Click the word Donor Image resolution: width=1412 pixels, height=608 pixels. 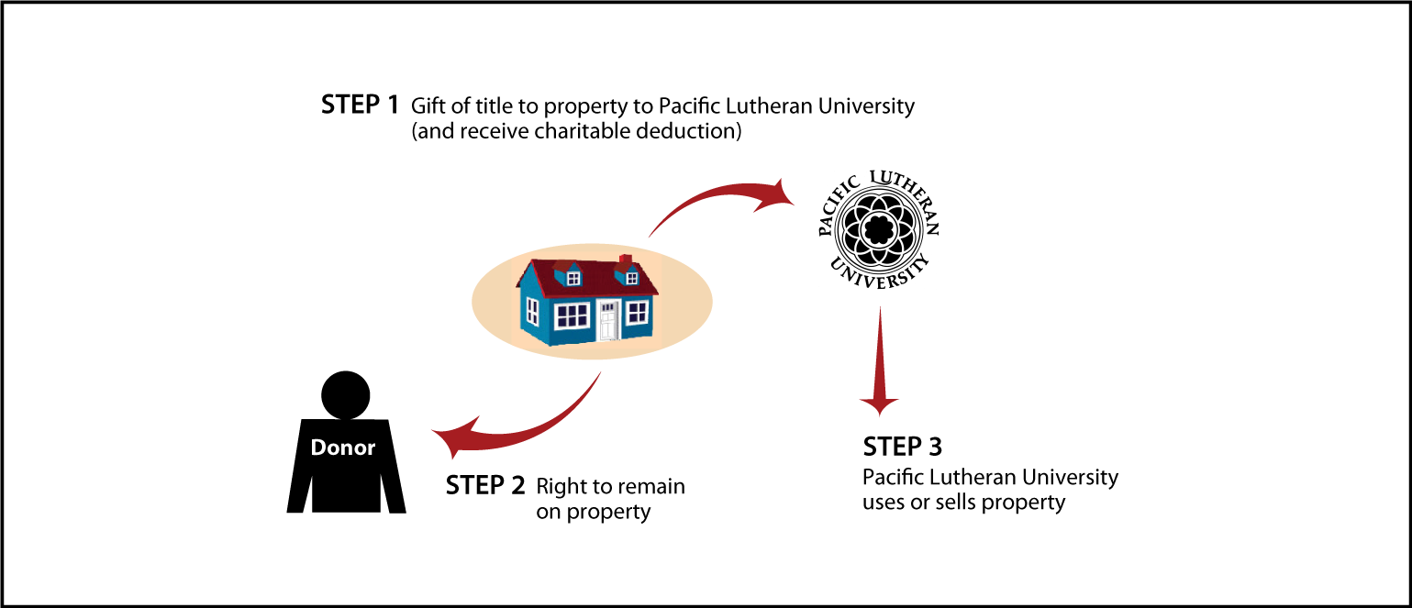(342, 448)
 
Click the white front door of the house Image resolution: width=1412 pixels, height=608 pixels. (607, 320)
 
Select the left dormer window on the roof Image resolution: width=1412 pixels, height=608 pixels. (573, 278)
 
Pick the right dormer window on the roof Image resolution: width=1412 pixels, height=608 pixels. (631, 278)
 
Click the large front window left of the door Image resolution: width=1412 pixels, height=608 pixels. (572, 315)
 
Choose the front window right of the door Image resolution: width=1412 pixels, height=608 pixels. (637, 313)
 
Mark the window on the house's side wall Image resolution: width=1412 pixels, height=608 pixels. (532, 311)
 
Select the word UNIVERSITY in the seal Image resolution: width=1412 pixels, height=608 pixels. (879, 271)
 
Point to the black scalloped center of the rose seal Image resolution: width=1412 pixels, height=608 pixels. (878, 229)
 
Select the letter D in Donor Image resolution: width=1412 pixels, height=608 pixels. (318, 448)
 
